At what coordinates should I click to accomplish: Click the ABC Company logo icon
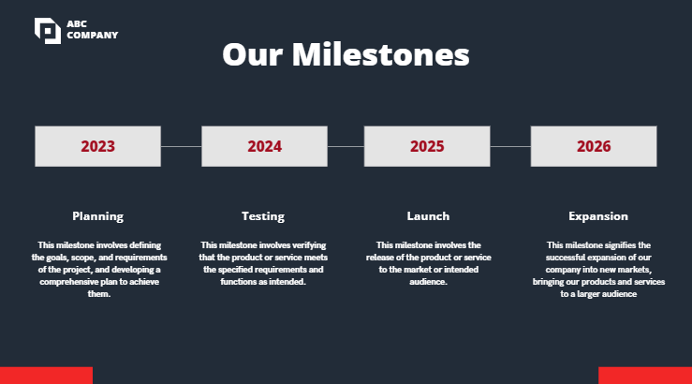pyautogui.click(x=47, y=30)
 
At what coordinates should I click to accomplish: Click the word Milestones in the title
pyautogui.click(x=381, y=54)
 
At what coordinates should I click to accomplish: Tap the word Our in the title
pyautogui.click(x=253, y=54)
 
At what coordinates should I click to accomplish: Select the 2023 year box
pyautogui.click(x=97, y=146)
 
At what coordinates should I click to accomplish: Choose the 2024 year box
pyautogui.click(x=264, y=146)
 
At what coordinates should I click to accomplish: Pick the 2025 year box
pyautogui.click(x=427, y=146)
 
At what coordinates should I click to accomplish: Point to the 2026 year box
pyautogui.click(x=594, y=146)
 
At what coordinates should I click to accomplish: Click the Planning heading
pyautogui.click(x=97, y=216)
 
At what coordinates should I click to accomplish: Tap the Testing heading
pyautogui.click(x=263, y=216)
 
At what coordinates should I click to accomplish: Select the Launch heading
pyautogui.click(x=428, y=216)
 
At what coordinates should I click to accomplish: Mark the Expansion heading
pyautogui.click(x=598, y=216)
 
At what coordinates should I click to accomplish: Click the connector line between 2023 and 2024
pyautogui.click(x=181, y=146)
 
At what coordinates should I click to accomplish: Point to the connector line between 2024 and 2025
pyautogui.click(x=346, y=146)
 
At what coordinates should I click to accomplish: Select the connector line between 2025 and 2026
pyautogui.click(x=510, y=146)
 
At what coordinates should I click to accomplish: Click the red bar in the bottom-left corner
pyautogui.click(x=46, y=376)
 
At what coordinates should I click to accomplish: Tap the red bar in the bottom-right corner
pyautogui.click(x=645, y=376)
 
